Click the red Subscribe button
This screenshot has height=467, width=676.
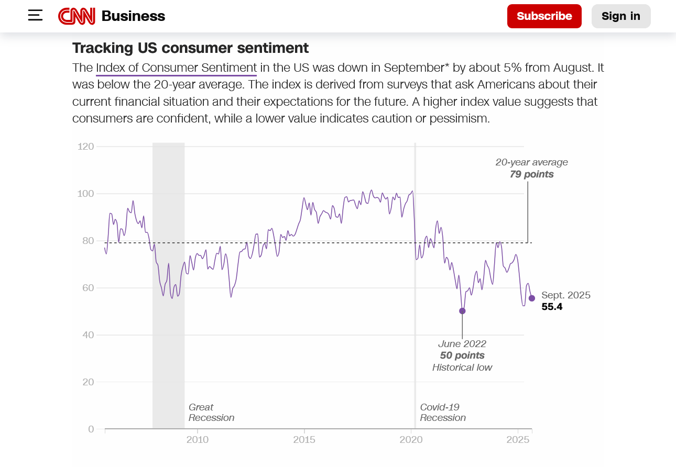[x=544, y=16]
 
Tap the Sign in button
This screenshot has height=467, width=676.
[x=620, y=16]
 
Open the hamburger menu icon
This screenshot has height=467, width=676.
[x=35, y=15]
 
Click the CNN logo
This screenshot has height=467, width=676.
[x=77, y=16]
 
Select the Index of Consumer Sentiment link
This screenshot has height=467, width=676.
[x=176, y=68]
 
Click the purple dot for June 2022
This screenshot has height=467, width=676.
[x=462, y=311]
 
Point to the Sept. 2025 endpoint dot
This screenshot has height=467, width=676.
[x=532, y=298]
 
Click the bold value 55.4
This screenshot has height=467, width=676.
[x=552, y=307]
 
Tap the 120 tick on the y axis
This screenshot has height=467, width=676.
[x=85, y=147]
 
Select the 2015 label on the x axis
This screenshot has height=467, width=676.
[x=304, y=440]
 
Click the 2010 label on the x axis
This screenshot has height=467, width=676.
[x=197, y=440]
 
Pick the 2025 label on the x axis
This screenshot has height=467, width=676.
[x=518, y=440]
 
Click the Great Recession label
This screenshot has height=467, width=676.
[x=211, y=413]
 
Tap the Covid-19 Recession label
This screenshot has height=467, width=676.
[x=442, y=413]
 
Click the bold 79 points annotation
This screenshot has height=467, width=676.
[x=531, y=174]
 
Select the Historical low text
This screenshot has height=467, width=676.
[x=462, y=368]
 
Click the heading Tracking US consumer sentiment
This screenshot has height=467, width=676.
[x=190, y=48]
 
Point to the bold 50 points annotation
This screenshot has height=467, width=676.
[x=462, y=355]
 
